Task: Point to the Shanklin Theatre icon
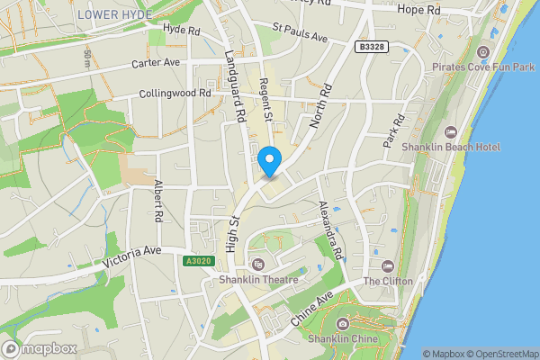[x=258, y=264]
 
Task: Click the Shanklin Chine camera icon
[x=342, y=324]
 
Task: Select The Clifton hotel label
[x=388, y=281]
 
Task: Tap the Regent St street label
[x=266, y=100]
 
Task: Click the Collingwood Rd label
[x=175, y=94]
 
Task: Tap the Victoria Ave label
[x=131, y=257]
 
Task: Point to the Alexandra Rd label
[x=330, y=229]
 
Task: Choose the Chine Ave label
[x=312, y=308]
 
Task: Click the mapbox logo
[x=39, y=348]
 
